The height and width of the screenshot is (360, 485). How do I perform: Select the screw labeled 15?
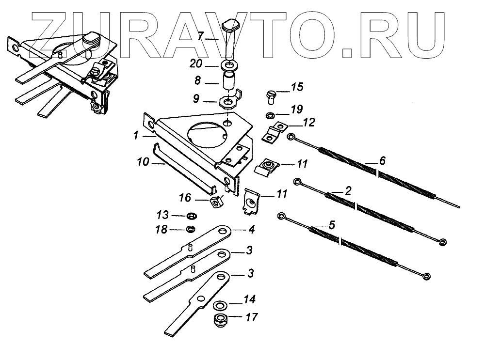(271, 94)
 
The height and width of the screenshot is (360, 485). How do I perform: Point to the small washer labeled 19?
(270, 116)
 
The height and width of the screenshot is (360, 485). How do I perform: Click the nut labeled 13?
(192, 215)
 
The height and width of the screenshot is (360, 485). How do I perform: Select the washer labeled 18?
(192, 229)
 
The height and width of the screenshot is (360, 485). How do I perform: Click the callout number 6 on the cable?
(382, 160)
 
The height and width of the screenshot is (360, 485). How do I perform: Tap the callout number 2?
(348, 190)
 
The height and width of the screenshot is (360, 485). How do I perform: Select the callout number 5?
(332, 225)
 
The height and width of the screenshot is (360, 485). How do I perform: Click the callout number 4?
(252, 229)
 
